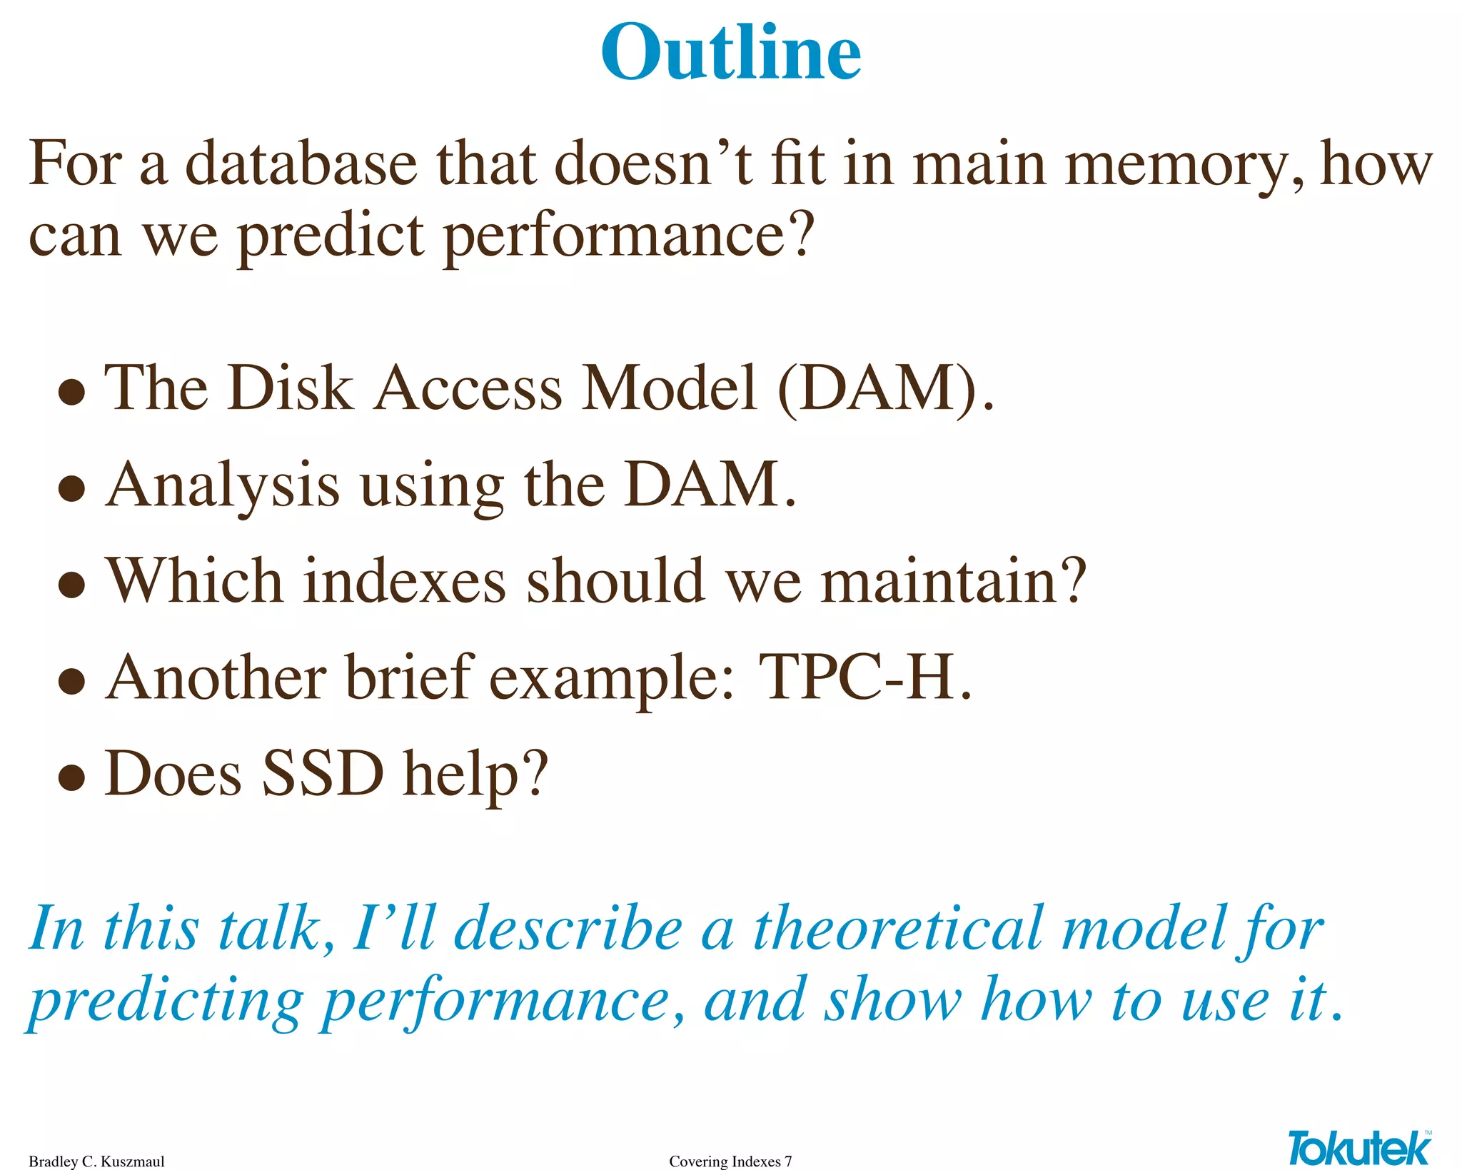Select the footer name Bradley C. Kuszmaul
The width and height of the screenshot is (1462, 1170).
(96, 1161)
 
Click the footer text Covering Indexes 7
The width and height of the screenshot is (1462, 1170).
(730, 1161)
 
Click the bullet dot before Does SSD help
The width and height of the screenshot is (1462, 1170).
(72, 777)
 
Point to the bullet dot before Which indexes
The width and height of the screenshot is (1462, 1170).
(72, 585)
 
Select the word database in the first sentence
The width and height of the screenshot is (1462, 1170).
(301, 164)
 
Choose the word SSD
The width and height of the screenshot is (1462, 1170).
(323, 774)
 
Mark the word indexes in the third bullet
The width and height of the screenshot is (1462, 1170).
(405, 582)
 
